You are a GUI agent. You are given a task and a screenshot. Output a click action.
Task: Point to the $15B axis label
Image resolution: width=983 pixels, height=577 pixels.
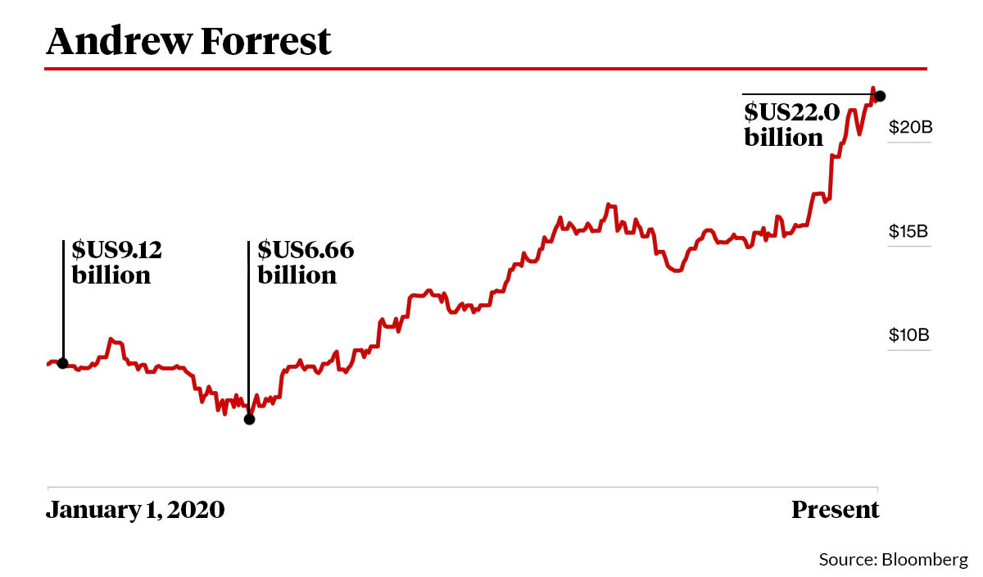click(908, 231)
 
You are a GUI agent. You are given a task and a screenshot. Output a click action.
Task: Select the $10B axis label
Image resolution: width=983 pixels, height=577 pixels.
click(908, 335)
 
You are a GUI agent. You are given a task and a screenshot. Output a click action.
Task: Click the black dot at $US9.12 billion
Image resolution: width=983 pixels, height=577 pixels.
click(62, 363)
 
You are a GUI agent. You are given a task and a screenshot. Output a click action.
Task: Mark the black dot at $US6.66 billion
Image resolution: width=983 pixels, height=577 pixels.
click(249, 419)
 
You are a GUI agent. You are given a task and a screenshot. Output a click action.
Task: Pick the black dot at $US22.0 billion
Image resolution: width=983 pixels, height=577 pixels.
click(880, 96)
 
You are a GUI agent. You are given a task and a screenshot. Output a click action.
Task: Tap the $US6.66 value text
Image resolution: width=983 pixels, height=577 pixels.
click(306, 249)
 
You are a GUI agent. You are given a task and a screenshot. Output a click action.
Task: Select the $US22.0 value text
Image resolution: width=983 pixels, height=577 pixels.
click(791, 112)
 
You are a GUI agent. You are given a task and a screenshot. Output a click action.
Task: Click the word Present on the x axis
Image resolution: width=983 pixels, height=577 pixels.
click(835, 510)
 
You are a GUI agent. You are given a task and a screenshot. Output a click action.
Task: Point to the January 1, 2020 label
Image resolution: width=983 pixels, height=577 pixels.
click(135, 510)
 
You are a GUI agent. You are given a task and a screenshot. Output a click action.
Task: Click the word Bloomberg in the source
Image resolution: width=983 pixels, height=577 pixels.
click(924, 560)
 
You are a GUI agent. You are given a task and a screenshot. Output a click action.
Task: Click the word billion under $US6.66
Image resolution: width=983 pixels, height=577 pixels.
click(297, 275)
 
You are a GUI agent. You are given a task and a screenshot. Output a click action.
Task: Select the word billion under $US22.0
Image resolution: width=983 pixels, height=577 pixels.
click(783, 138)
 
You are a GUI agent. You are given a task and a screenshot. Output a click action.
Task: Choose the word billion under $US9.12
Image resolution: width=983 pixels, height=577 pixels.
click(111, 275)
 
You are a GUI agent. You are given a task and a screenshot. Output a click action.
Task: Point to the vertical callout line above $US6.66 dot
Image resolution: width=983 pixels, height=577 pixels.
click(249, 328)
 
